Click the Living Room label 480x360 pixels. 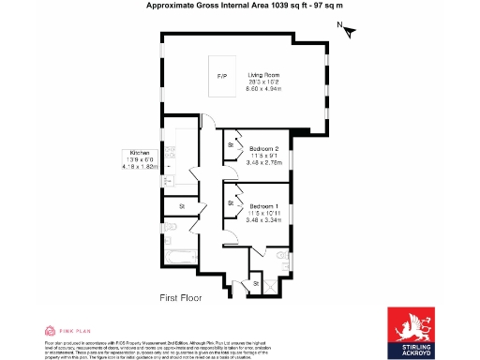coord(264,75)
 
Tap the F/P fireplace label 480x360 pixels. coord(222,75)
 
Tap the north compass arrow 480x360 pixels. coord(350,32)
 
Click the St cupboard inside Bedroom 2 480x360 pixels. coord(231,145)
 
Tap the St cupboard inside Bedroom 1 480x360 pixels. coord(231,202)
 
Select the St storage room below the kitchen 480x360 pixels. coord(183,205)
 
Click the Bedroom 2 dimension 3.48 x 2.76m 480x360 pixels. coord(264,162)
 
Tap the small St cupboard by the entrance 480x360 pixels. coord(255,283)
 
